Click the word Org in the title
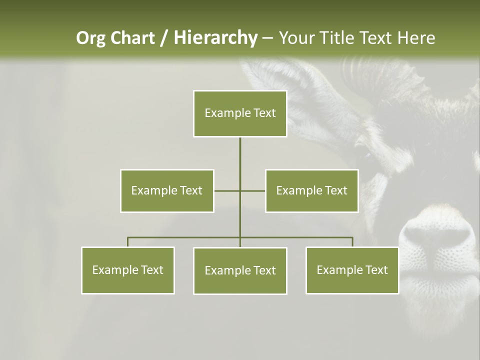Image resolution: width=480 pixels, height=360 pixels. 91,38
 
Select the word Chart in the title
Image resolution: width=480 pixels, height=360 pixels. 133,38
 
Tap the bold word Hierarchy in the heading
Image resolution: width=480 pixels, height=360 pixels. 215,38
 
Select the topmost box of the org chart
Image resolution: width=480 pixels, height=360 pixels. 240,113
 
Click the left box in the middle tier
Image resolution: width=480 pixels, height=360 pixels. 167,190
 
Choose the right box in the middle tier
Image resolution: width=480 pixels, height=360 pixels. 311,190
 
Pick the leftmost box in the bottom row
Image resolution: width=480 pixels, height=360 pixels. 128,270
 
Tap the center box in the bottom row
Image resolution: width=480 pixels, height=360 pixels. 240,270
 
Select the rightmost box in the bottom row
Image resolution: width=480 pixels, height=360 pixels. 352,270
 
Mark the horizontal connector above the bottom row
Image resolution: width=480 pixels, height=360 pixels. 185,237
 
